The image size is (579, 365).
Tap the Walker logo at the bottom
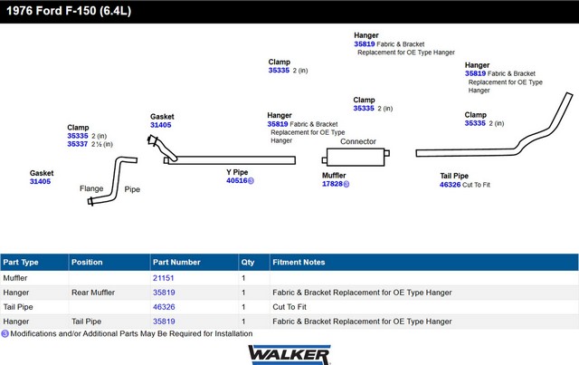tap(289, 352)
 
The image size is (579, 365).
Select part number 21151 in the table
tap(163, 278)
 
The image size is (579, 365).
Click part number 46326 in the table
tap(163, 307)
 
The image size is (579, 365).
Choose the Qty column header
tap(248, 263)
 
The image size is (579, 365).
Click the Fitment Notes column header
tap(299, 263)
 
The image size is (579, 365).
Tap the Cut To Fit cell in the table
tap(291, 307)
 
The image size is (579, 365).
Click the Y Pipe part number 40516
tap(236, 181)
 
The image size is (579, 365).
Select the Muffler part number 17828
tap(332, 184)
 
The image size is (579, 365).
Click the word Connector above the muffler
tap(358, 141)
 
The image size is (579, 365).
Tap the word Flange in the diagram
tap(91, 188)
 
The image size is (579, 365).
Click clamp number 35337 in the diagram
tap(78, 144)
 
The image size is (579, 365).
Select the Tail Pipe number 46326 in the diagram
tap(450, 185)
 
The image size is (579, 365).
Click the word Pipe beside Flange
tap(132, 189)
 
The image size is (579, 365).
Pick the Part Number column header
tap(176, 263)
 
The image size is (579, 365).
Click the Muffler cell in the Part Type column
tap(16, 278)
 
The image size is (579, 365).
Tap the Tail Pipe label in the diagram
tap(454, 176)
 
